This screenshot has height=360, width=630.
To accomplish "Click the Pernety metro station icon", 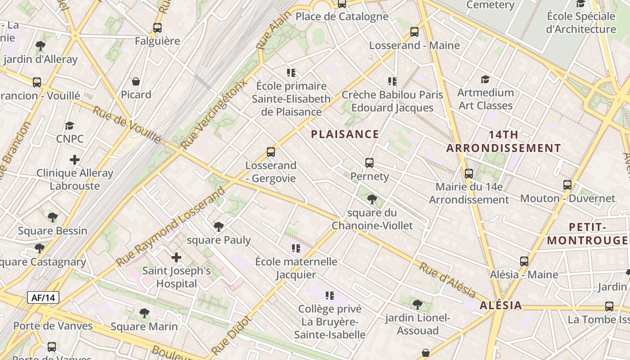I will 369,163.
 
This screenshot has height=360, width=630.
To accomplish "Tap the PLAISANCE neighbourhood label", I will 345,134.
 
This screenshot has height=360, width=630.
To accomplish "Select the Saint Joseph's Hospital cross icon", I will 176,257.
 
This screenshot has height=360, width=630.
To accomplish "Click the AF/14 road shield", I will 43,297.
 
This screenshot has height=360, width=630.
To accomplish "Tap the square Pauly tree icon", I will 219,226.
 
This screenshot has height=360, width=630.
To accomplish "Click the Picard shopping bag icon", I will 136,81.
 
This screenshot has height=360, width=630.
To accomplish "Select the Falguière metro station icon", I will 157,28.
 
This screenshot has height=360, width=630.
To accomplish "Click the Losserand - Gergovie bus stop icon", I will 271,152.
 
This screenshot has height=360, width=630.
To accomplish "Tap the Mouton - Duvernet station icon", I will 567,185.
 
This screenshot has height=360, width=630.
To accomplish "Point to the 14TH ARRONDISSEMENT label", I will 504,141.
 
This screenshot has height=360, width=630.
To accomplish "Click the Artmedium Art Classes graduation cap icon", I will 485,80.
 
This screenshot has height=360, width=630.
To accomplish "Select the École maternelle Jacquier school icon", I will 296,248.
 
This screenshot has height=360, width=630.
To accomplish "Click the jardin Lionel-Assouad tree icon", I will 418,305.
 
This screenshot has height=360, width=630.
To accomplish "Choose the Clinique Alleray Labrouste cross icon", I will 75,160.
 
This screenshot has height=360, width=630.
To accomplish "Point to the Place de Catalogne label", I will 342,17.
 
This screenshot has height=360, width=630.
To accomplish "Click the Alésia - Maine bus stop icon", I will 524,261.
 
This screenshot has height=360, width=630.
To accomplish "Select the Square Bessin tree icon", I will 53,217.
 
